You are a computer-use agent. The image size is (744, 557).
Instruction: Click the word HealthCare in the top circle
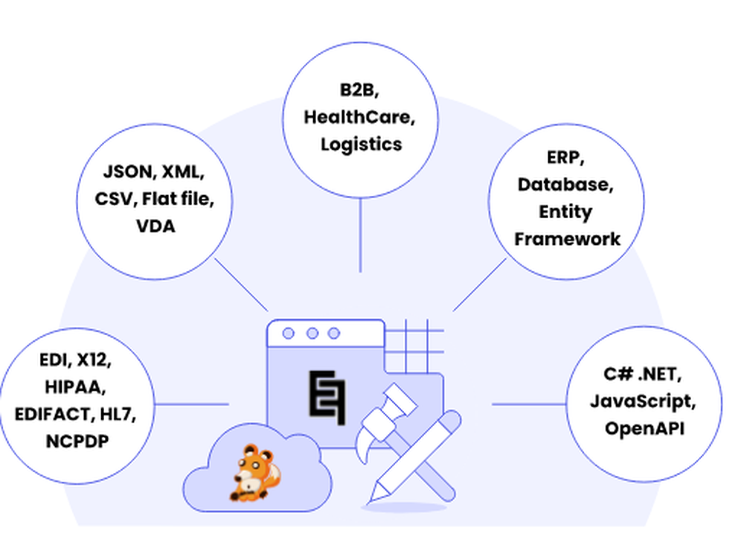tap(361, 117)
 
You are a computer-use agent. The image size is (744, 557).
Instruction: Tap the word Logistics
tap(361, 143)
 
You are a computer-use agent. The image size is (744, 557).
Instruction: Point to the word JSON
tap(126, 174)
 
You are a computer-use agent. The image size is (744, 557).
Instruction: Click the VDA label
tap(155, 226)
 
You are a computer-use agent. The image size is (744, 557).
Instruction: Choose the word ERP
tap(565, 159)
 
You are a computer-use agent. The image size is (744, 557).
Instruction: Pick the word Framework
tap(567, 238)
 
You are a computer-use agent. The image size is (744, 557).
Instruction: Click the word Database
tap(565, 185)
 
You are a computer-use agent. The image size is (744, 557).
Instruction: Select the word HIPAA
tap(75, 387)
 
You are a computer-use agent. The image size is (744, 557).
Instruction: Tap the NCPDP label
tap(75, 440)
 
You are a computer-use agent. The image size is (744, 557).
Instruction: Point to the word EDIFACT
tap(51, 414)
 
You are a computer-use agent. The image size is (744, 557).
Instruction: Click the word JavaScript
tap(643, 401)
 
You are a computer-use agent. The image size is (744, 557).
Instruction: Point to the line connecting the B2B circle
tap(360, 235)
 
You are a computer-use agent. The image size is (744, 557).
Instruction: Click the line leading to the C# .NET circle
tap(528, 404)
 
